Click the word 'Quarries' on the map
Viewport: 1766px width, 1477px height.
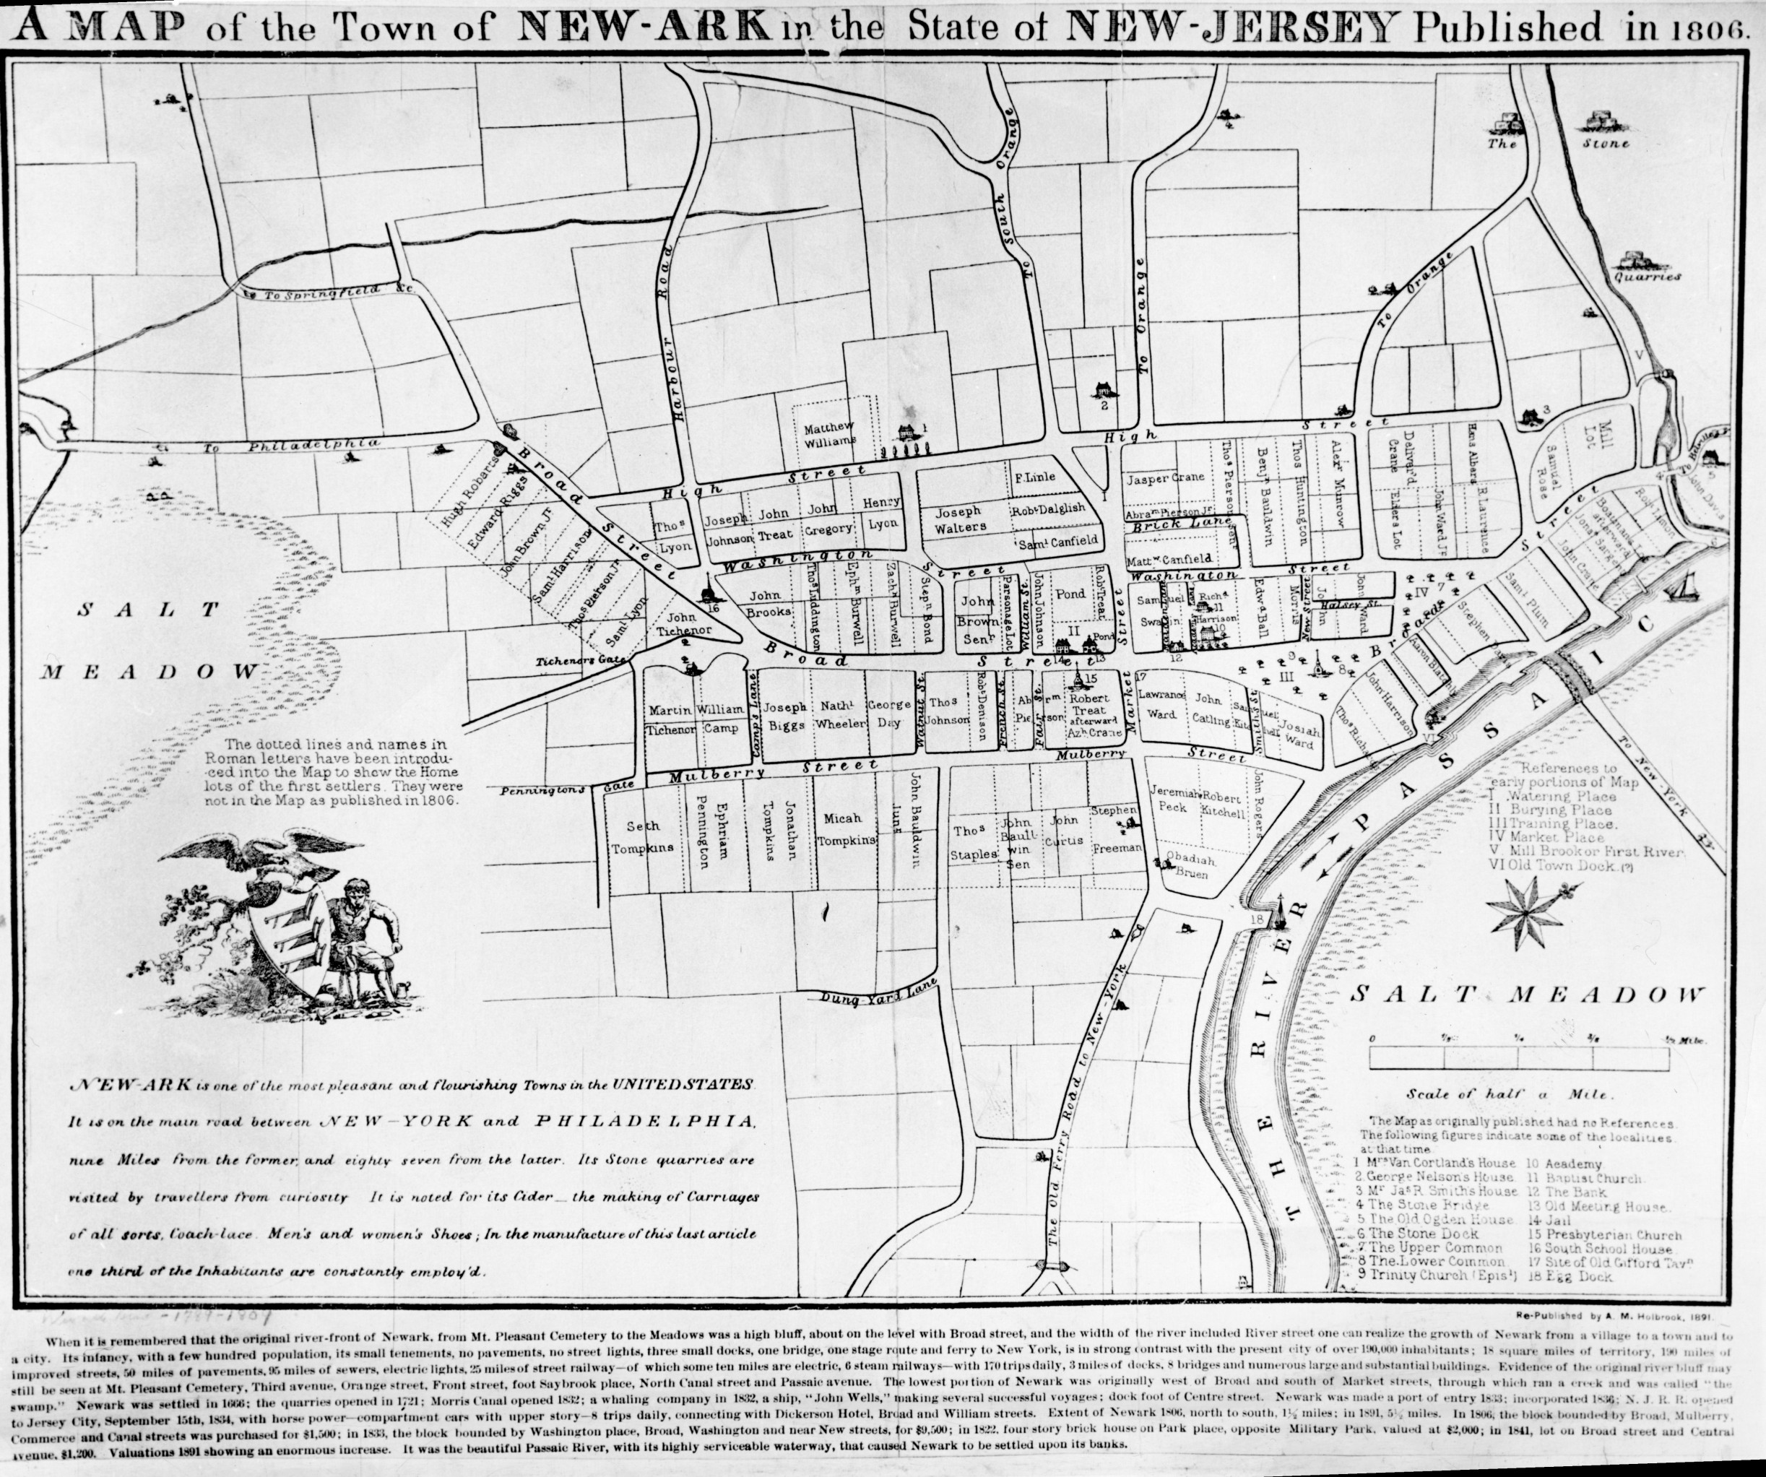[x=1647, y=276]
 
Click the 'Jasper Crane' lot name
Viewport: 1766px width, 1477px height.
[x=1160, y=479]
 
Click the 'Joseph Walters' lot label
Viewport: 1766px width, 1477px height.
[x=959, y=519]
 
